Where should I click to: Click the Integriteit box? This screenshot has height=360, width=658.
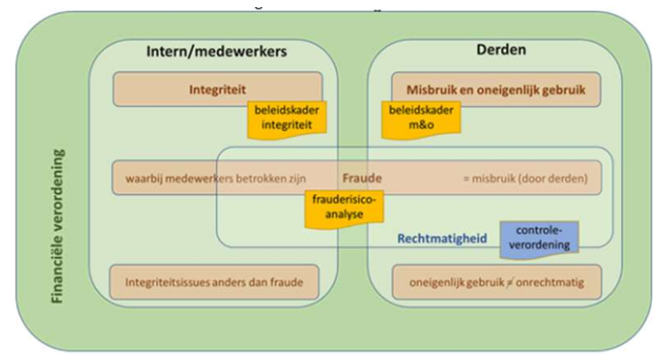click(216, 89)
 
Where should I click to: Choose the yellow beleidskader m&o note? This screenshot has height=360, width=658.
click(418, 117)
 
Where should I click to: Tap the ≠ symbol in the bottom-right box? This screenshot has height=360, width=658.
click(507, 281)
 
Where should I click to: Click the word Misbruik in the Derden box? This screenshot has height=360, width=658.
click(433, 89)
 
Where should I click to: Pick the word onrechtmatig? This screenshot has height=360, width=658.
click(546, 280)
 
